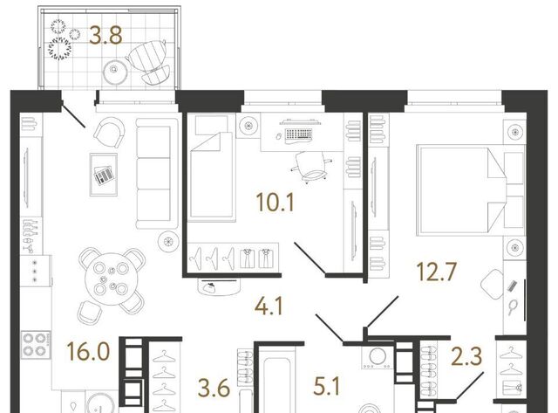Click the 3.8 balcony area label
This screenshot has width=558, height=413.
pyautogui.click(x=105, y=37)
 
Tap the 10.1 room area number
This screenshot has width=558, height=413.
pyautogui.click(x=276, y=203)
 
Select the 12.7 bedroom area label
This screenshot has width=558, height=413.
pyautogui.click(x=436, y=272)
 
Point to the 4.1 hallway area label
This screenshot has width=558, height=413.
pyautogui.click(x=269, y=306)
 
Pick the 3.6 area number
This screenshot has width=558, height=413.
pyautogui.click(x=214, y=388)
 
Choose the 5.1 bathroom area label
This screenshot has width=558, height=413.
pyautogui.click(x=327, y=387)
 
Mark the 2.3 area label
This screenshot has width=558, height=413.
pyautogui.click(x=466, y=357)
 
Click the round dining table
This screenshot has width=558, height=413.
pyautogui.click(x=112, y=279)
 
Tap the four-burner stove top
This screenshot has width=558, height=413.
pyautogui.click(x=36, y=345)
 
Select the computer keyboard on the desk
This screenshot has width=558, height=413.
pyautogui.click(x=299, y=134)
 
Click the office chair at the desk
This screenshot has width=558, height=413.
pyautogui.click(x=311, y=167)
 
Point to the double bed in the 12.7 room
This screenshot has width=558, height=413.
pyautogui.click(x=471, y=189)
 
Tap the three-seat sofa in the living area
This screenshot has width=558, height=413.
pyautogui.click(x=157, y=173)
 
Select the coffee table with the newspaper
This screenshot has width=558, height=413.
pyautogui.click(x=104, y=175)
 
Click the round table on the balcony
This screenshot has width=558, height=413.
pyautogui.click(x=115, y=72)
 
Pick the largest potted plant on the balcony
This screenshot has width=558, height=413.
pyautogui.click(x=60, y=48)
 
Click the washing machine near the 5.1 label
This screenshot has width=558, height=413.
pyautogui.click(x=378, y=356)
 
